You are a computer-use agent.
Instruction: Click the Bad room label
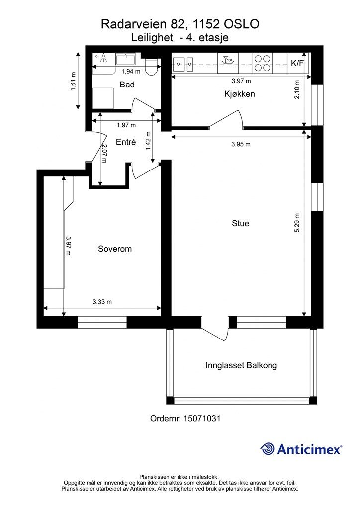[127, 85]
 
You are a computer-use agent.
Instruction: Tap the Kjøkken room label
[240, 94]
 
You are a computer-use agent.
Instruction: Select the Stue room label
[241, 223]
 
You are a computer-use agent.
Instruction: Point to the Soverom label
[115, 249]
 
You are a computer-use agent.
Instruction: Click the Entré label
[126, 142]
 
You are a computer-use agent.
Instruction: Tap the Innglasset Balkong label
[241, 366]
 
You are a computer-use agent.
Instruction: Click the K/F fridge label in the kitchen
[297, 63]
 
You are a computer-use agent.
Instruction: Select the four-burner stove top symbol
[262, 63]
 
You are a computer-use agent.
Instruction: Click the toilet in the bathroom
[151, 67]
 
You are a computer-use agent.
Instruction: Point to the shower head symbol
[103, 58]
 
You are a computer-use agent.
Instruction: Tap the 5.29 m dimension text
[297, 223]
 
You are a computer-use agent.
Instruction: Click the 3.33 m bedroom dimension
[102, 302]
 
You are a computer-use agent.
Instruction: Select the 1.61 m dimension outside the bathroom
[73, 81]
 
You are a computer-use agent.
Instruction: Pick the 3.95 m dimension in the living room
[241, 144]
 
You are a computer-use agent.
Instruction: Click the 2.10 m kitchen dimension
[297, 89]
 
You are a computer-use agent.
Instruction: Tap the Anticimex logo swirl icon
[268, 449]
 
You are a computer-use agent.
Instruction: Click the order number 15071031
[202, 419]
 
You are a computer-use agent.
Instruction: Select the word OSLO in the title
[242, 24]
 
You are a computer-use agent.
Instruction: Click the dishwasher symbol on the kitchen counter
[228, 60]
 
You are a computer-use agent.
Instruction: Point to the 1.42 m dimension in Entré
[149, 141]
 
